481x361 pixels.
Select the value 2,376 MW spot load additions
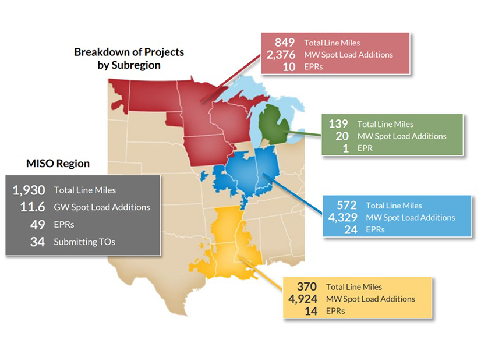click(282, 55)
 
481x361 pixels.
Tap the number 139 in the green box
click(338, 123)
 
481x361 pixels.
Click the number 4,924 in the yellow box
click(302, 299)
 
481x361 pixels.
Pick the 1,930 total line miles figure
click(29, 190)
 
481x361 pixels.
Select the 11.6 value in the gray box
click(33, 207)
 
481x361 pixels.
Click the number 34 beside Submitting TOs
click(37, 242)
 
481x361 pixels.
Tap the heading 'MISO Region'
click(58, 164)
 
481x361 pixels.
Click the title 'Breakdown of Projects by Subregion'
click(129, 58)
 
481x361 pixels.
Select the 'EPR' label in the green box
click(366, 148)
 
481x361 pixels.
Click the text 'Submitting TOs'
click(84, 242)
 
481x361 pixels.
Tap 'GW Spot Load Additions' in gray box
click(101, 207)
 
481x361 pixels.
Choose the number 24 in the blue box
click(351, 229)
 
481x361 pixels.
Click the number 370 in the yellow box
click(306, 286)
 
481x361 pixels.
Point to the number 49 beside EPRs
click(37, 225)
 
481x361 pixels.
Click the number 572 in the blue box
click(347, 205)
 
